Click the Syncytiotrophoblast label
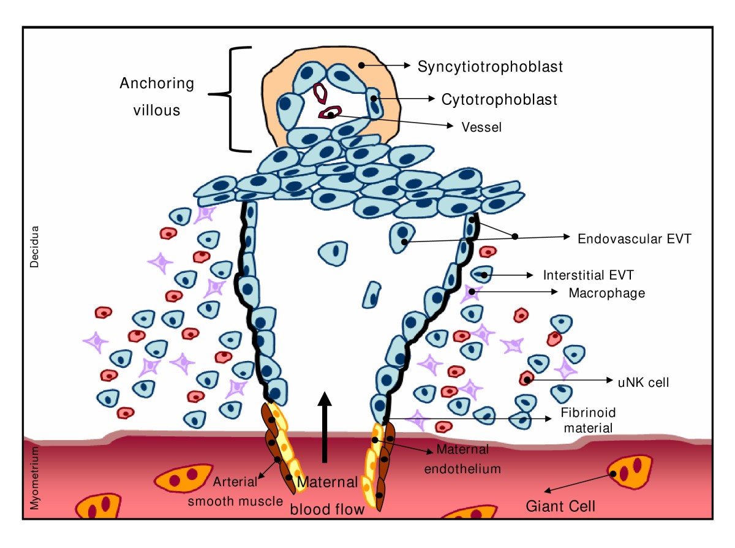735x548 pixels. [490, 67]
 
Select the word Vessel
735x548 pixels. [482, 127]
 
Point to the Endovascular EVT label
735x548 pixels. [634, 239]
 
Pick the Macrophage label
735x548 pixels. [606, 293]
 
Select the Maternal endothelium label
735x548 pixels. [468, 460]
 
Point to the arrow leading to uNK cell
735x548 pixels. [570, 380]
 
